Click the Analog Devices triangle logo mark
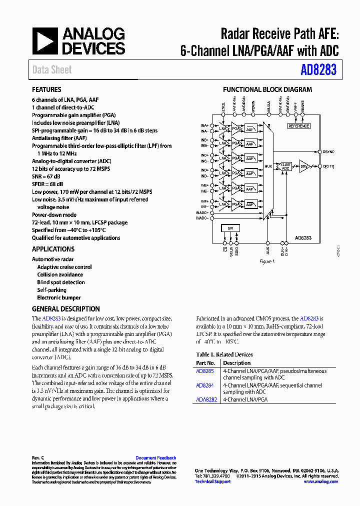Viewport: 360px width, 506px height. coord(45,41)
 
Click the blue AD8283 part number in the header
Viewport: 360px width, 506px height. coord(318,70)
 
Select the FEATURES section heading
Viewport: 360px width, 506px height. coord(46,89)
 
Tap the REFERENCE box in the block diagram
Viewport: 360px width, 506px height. coord(299,126)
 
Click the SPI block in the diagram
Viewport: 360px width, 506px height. coord(230,228)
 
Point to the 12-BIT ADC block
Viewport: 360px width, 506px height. coord(285,166)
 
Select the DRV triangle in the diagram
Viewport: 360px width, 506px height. coord(303,166)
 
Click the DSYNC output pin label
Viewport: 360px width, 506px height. coord(328,151)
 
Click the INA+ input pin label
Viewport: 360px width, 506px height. coord(204,124)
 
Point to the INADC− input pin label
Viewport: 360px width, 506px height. coord(202,218)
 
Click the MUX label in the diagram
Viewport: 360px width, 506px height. coord(268,166)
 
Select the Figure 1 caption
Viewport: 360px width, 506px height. coord(267,261)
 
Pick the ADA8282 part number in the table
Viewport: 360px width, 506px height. coord(206,399)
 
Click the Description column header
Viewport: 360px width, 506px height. coord(237,363)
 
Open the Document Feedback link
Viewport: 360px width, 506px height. coord(155,458)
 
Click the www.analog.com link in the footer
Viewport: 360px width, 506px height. coord(320,481)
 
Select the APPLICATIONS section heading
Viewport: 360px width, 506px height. coord(53,249)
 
